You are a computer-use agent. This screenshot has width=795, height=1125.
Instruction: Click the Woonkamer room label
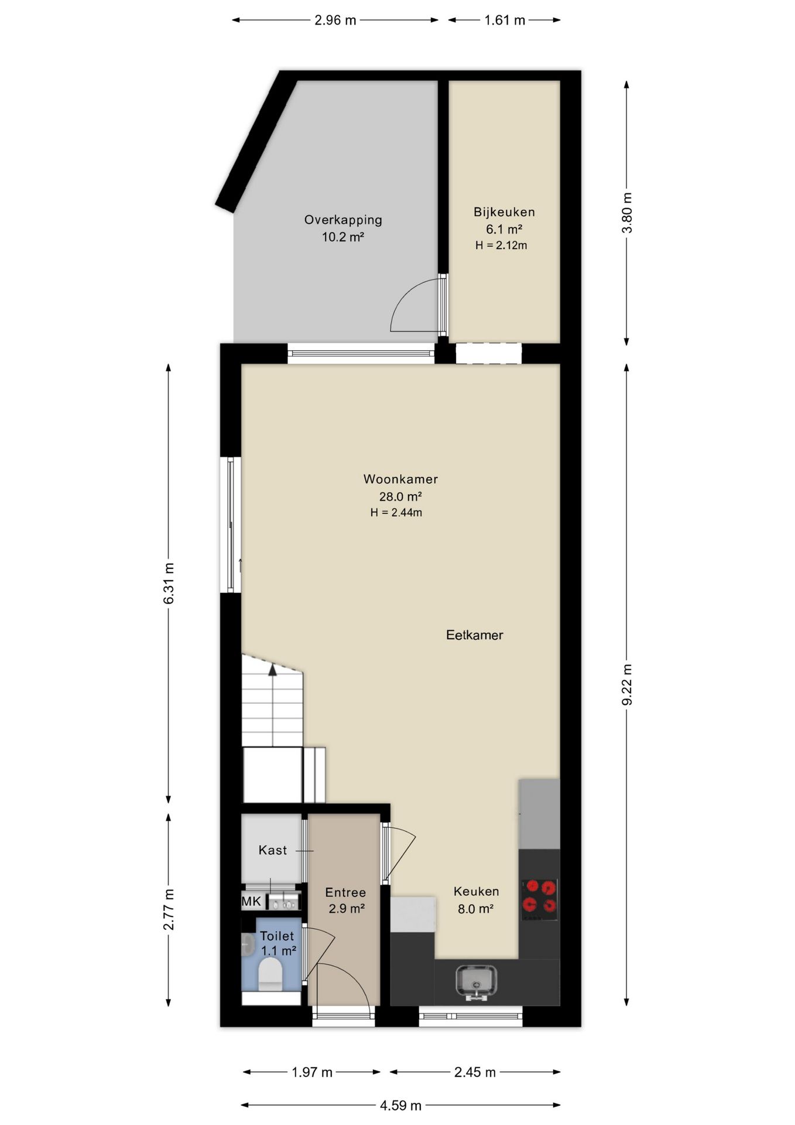point(400,479)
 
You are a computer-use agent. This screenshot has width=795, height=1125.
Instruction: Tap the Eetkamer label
point(474,635)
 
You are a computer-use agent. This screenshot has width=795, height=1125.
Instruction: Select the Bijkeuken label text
point(504,212)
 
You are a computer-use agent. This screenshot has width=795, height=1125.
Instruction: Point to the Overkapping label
point(343,220)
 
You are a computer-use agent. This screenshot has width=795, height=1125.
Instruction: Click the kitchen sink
point(476,981)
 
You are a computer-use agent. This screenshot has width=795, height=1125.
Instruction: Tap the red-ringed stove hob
point(539,896)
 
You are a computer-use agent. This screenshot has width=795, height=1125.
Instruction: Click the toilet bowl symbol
point(270,974)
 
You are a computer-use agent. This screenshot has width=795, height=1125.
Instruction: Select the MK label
point(251,901)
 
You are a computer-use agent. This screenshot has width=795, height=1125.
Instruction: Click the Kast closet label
point(273,850)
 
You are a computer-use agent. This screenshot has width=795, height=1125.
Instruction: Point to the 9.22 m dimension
point(627,684)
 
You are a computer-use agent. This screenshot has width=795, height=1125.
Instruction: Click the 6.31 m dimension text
point(169,583)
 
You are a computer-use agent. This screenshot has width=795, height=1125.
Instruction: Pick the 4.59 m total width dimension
point(400,1105)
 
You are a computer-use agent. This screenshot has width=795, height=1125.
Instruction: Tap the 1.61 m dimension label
point(505,20)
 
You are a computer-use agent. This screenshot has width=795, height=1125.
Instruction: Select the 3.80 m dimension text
point(627,213)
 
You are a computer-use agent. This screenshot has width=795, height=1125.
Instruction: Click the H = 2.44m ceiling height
point(396,513)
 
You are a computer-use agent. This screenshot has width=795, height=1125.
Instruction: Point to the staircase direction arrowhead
point(272,670)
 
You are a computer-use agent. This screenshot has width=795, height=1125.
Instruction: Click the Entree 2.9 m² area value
point(346,909)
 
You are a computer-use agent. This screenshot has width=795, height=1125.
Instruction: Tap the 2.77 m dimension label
point(169,909)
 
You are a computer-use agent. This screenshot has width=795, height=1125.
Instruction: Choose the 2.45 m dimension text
point(475,1072)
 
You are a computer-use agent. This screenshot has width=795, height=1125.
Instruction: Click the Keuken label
point(477,891)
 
